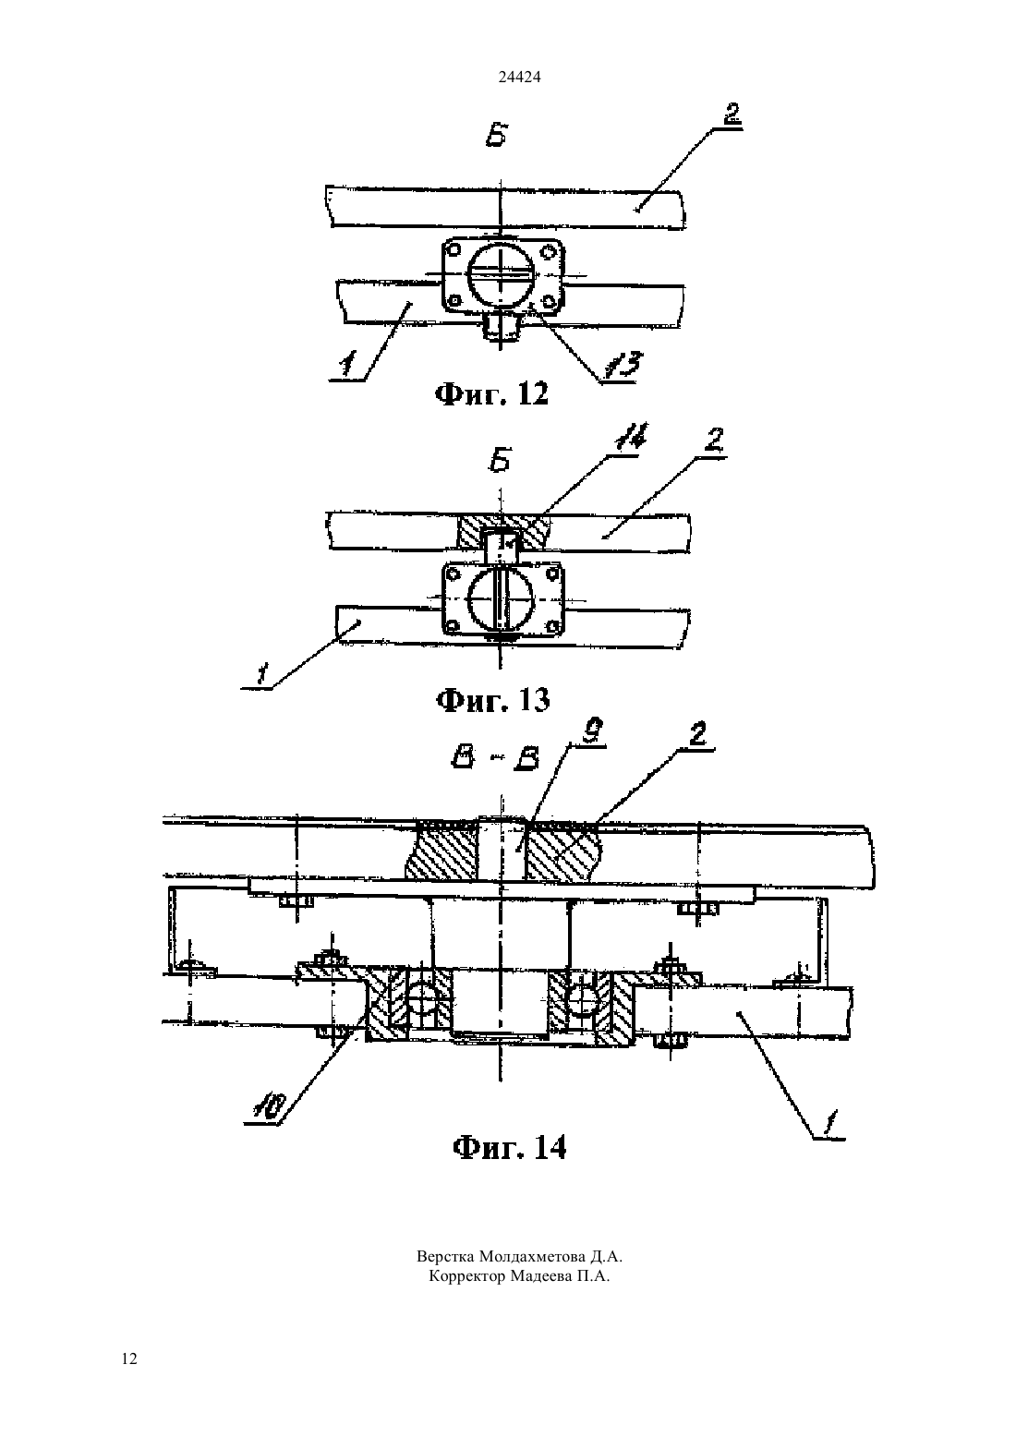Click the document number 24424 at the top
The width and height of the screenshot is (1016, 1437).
(x=519, y=77)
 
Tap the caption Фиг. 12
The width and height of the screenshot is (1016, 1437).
(x=492, y=394)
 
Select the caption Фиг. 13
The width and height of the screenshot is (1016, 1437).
(x=492, y=700)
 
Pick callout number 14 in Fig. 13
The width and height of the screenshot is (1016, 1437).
(x=630, y=438)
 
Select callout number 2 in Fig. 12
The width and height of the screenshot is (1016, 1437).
(x=732, y=114)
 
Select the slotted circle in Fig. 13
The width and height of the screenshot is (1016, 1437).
(x=502, y=600)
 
